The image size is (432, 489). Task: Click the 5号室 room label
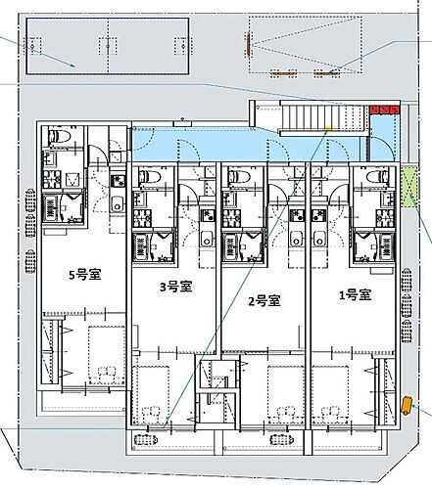coord(85,275)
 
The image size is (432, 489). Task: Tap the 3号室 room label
coord(175,287)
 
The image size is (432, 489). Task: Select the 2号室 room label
coord(264,301)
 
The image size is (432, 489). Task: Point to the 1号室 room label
coord(356,295)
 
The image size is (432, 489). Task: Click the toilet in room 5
coord(59,135)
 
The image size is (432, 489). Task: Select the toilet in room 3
coord(150,177)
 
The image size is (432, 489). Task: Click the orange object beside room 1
coord(407,406)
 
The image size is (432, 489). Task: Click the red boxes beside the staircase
coord(384,110)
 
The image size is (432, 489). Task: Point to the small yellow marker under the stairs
coord(327,129)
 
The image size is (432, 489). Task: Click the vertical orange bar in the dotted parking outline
coord(248,45)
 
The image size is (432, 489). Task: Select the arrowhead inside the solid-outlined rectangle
coord(73,66)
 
